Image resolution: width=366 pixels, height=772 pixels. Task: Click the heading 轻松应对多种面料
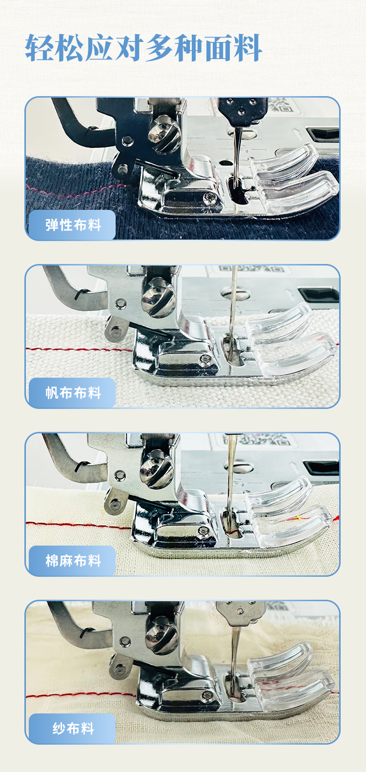coord(143,48)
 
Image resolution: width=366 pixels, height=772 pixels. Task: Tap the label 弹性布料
coord(73,225)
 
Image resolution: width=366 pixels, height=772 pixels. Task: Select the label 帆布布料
coord(73,393)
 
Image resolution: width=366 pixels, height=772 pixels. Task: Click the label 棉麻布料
coord(73,561)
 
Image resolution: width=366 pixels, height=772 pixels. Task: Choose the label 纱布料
coord(73,729)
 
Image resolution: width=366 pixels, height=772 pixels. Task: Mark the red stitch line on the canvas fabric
coord(73,350)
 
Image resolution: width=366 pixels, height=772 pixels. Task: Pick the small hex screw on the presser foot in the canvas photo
coord(203,360)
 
